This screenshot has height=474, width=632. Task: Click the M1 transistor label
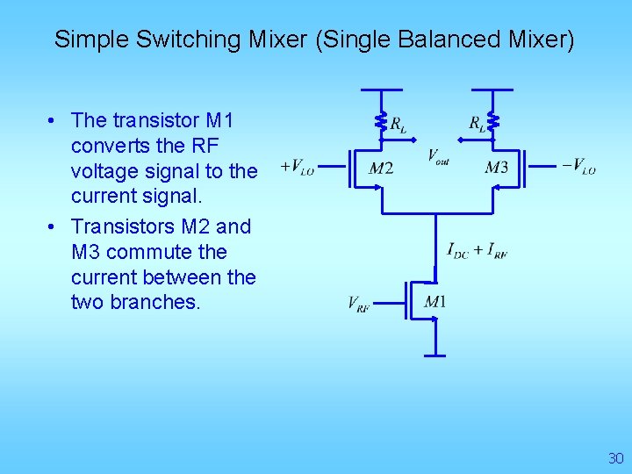point(434,303)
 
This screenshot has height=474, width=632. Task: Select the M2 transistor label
point(380,168)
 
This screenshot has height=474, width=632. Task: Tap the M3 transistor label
point(496,168)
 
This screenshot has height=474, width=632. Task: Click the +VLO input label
point(297,166)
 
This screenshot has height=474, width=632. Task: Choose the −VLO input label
point(578,166)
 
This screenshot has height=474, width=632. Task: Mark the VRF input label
point(358,305)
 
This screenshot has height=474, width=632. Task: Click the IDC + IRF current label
point(477,251)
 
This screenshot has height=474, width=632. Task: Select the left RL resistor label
point(398,124)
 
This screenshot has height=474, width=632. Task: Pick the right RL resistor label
point(477,124)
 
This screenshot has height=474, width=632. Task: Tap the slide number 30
point(615,458)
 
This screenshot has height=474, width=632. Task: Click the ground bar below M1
point(435,355)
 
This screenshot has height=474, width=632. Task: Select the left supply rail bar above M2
point(381,90)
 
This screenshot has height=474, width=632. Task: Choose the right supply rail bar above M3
point(492,90)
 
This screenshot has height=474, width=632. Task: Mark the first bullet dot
point(54,120)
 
